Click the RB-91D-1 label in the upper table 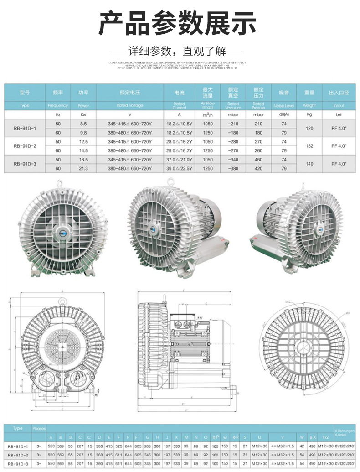[x=25, y=129]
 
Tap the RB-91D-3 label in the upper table [x=25, y=164]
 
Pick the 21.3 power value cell [x=83, y=168]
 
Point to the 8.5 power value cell [x=83, y=124]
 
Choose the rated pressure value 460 [x=259, y=160]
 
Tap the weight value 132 [x=310, y=146]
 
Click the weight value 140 [x=310, y=164]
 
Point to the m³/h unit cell [x=207, y=115]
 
